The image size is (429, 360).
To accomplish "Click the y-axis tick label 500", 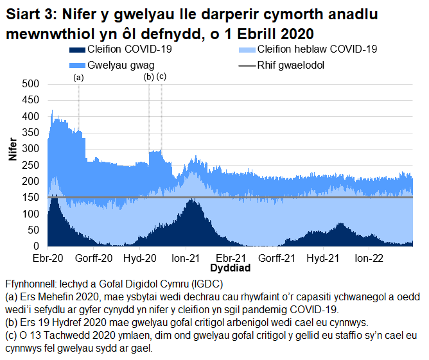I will point(31,84).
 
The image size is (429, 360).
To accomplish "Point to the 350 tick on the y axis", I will point(31,133).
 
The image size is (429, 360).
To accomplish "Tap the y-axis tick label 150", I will point(31,198).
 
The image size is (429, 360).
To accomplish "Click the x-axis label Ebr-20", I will point(48,258).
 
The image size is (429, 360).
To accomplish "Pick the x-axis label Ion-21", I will point(185,258).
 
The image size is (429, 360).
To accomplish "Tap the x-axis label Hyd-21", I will point(323,258).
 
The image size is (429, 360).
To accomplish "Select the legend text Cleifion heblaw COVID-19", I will point(317,49).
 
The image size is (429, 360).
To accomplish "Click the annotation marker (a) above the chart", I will point(79,77).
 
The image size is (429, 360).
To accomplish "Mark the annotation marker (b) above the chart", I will point(149,77).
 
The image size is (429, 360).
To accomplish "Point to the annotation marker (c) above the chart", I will point(161,77).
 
